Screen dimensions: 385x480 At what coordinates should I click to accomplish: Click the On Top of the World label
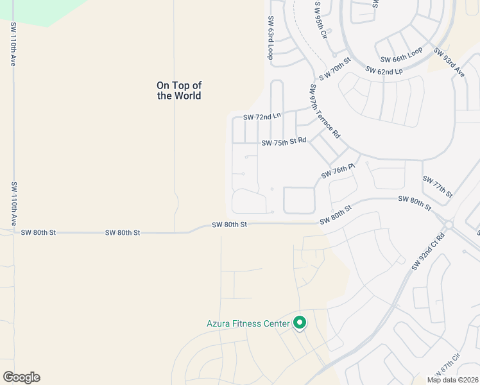point(179,90)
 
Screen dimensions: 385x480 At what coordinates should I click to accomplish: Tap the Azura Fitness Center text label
point(248,323)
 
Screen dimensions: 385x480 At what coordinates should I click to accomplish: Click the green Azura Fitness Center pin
point(299,322)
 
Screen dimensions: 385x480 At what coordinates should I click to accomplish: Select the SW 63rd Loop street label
point(271,38)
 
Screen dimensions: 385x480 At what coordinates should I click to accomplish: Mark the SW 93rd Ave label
point(449,62)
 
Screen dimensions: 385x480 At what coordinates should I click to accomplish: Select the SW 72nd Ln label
point(262,117)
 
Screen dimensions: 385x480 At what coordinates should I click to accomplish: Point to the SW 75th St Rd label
point(284,142)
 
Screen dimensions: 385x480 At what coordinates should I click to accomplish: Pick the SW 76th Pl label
point(338,172)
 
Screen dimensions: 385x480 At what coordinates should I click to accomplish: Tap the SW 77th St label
point(438,187)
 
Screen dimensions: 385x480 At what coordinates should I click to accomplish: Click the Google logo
point(21,377)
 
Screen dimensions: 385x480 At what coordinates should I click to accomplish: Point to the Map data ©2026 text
point(452,380)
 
